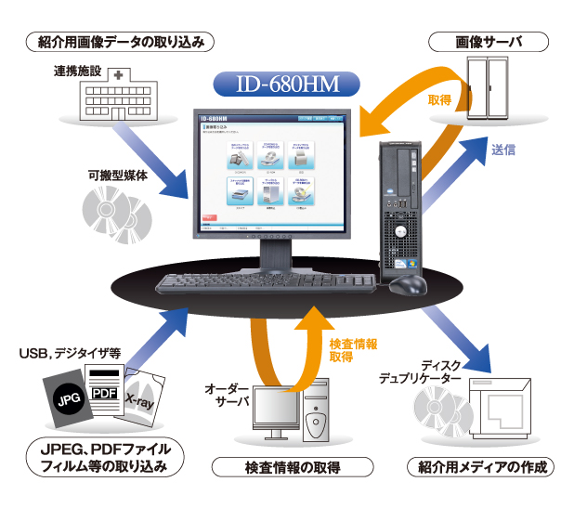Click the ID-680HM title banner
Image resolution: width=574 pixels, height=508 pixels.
point(286,85)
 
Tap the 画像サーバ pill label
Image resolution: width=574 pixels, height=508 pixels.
point(489,42)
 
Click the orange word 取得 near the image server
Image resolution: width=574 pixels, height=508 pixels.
point(440,99)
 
